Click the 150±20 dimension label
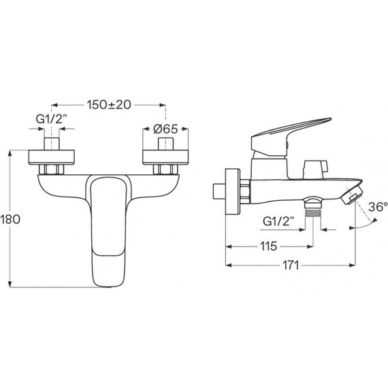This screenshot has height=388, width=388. pos(109,105)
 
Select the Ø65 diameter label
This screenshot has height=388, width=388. pos(165,129)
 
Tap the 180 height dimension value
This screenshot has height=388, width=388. pos(10,219)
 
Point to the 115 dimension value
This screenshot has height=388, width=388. pos(268,246)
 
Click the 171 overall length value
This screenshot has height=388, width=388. pos(291,265)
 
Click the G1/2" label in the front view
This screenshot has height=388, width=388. pos(52,119)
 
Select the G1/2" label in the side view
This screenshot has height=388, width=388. pos(278,221)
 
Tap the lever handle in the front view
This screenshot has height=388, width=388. pos(107,230)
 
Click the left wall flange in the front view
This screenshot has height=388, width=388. pos(52,157)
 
